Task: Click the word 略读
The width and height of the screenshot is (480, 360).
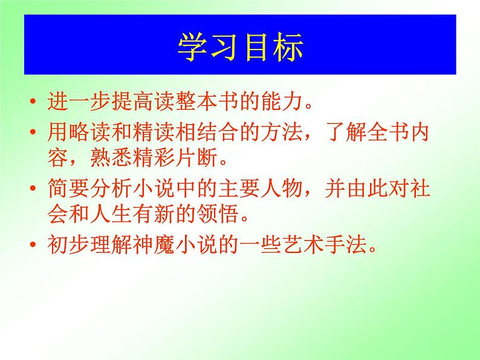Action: click(x=86, y=132)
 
